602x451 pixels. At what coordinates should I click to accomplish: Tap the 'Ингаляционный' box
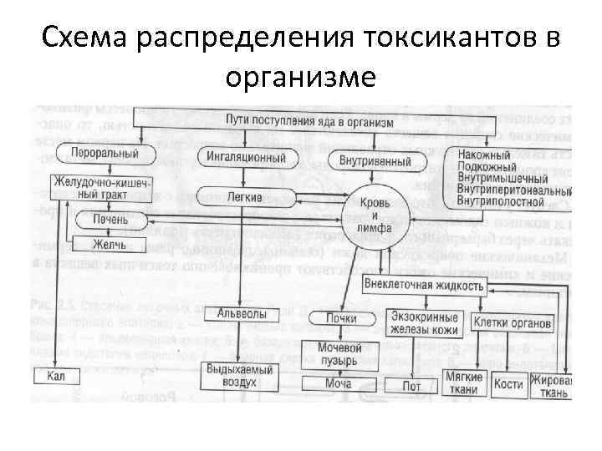point(247,156)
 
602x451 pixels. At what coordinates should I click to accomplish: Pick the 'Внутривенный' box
point(375,159)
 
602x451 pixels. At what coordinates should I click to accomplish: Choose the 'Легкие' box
point(245,197)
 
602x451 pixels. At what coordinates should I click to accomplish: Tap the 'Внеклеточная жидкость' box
point(423,285)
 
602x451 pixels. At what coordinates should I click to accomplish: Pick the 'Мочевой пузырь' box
point(338,353)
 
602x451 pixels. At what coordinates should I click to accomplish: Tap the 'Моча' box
point(338,383)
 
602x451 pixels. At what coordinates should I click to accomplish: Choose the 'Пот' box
point(411,384)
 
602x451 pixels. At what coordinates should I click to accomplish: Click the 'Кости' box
point(508,384)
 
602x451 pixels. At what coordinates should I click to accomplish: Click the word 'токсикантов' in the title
point(451,37)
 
